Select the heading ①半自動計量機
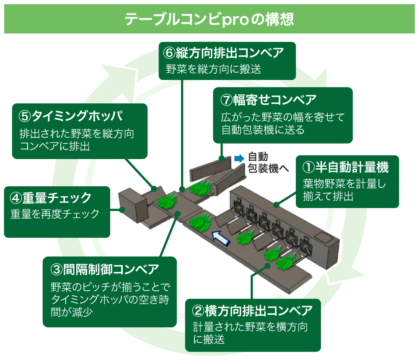(x=346, y=167)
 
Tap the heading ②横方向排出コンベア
(x=252, y=311)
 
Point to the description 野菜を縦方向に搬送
(x=214, y=69)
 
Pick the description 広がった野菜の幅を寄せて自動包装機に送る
(x=282, y=123)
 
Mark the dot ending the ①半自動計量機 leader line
(x=277, y=205)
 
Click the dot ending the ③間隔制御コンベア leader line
(x=178, y=213)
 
